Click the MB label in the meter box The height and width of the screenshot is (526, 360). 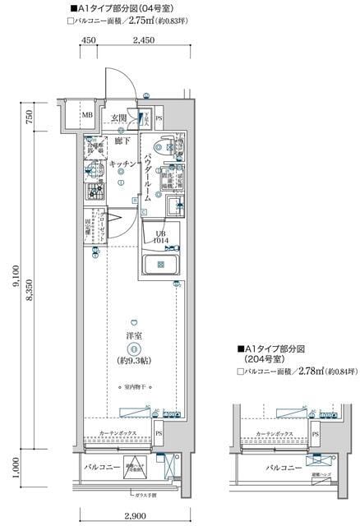(x=86, y=115)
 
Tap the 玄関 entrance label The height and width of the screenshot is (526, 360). (x=119, y=118)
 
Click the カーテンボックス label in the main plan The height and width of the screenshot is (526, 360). (x=118, y=432)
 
